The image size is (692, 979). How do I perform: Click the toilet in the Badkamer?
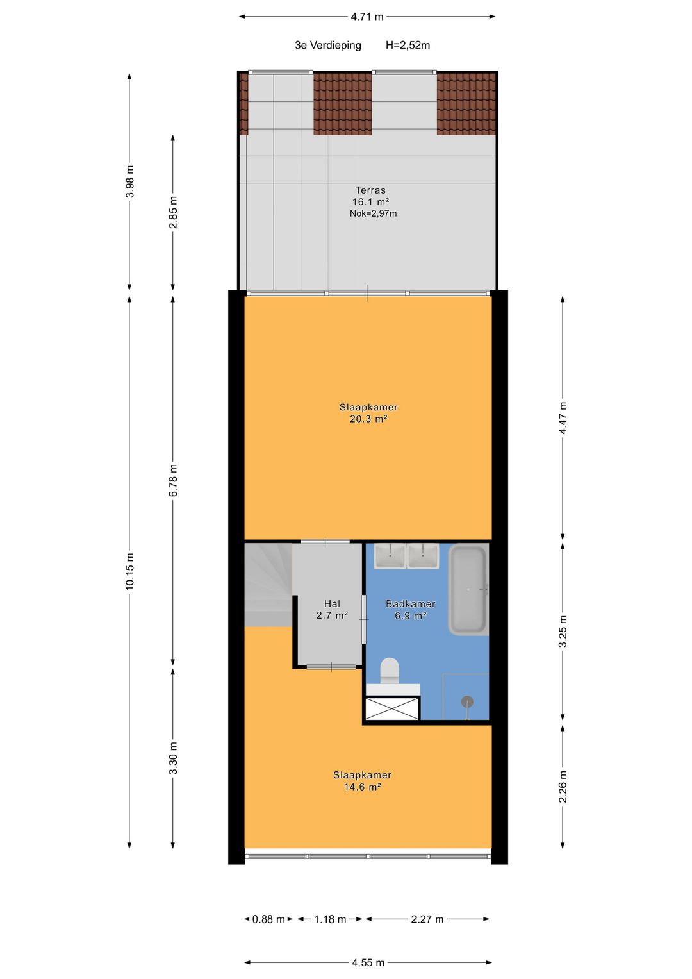pyautogui.click(x=390, y=671)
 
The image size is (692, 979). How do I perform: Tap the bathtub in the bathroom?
pyautogui.click(x=468, y=590)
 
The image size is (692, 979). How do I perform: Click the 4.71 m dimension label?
pyautogui.click(x=367, y=17)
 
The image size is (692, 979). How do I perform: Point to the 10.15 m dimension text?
pyautogui.click(x=129, y=571)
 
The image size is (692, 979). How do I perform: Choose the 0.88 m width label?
pyautogui.click(x=268, y=919)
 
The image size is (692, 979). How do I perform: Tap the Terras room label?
pyautogui.click(x=370, y=190)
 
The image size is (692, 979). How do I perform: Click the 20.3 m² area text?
pyautogui.click(x=368, y=419)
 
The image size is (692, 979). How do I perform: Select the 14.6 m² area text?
pyautogui.click(x=362, y=787)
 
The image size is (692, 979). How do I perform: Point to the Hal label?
pyautogui.click(x=332, y=603)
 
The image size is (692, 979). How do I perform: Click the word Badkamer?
pyautogui.click(x=411, y=603)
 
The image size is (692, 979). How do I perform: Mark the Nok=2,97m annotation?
pyautogui.click(x=373, y=213)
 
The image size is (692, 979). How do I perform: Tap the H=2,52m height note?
pyautogui.click(x=408, y=45)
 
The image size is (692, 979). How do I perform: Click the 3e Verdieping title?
pyautogui.click(x=328, y=45)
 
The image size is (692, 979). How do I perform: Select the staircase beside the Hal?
pyautogui.click(x=268, y=585)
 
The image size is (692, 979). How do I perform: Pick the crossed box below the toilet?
pyautogui.click(x=392, y=708)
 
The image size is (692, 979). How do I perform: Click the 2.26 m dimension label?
pyautogui.click(x=563, y=787)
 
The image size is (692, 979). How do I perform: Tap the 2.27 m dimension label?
pyautogui.click(x=427, y=919)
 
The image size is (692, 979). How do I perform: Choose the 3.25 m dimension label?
pyautogui.click(x=563, y=631)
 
